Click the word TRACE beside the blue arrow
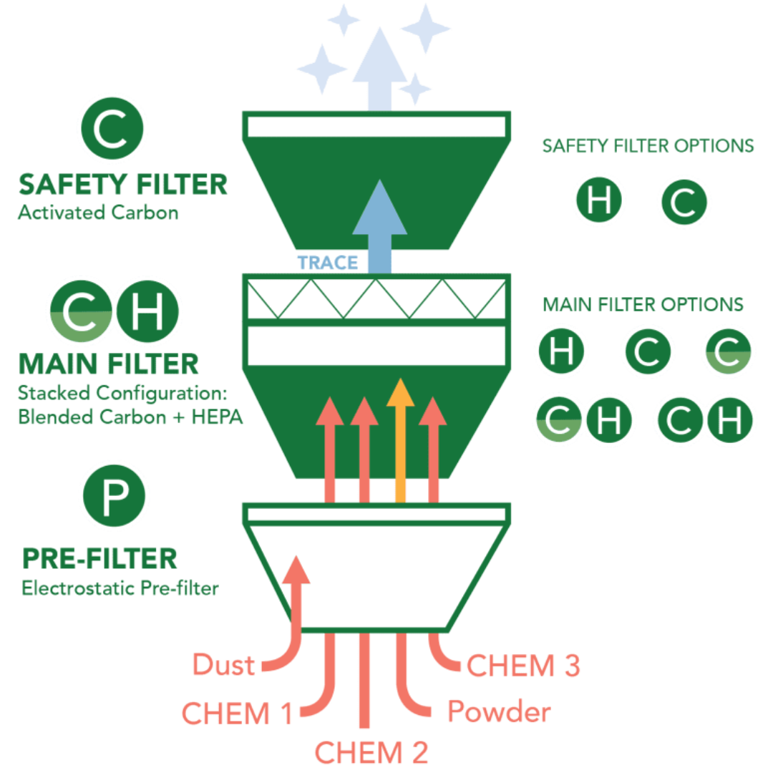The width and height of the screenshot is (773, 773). pos(327,262)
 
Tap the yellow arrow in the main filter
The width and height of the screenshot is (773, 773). pos(400,437)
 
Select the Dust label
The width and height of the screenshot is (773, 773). pos(223,665)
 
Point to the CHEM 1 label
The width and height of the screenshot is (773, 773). pos(237,713)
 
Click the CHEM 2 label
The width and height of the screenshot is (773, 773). pos(371,752)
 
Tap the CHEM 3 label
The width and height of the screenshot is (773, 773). pos(523,665)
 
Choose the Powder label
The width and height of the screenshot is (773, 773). pos(499,712)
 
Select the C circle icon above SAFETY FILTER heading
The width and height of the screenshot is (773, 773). pos(112,129)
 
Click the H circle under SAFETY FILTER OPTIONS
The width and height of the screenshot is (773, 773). pos(599,201)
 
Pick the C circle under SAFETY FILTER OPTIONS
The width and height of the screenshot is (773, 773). pos(684,203)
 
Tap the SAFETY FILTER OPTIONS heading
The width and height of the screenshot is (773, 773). pos(648,146)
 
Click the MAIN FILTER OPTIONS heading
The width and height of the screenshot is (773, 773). pos(642,304)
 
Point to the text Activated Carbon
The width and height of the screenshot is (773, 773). pos(97,213)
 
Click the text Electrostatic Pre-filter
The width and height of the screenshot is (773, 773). pos(120,589)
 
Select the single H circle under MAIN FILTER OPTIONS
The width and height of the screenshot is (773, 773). pos(561,352)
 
